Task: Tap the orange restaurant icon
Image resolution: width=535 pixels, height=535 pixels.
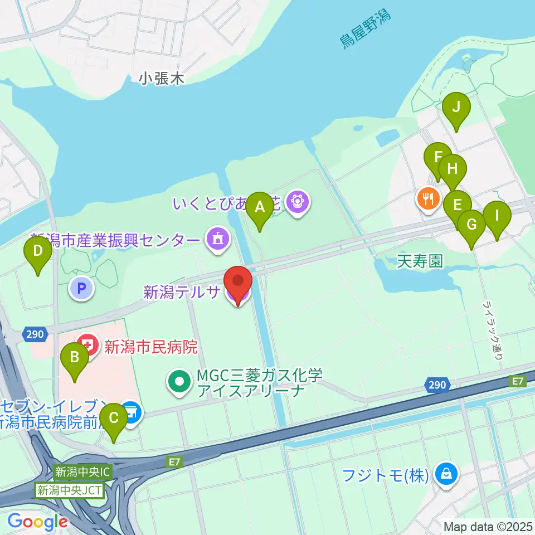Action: pos(428,198)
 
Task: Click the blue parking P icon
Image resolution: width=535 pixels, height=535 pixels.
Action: pos(81,288)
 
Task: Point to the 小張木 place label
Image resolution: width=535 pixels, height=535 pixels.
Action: pos(161,79)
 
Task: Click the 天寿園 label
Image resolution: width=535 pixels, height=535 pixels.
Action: pos(420,261)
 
